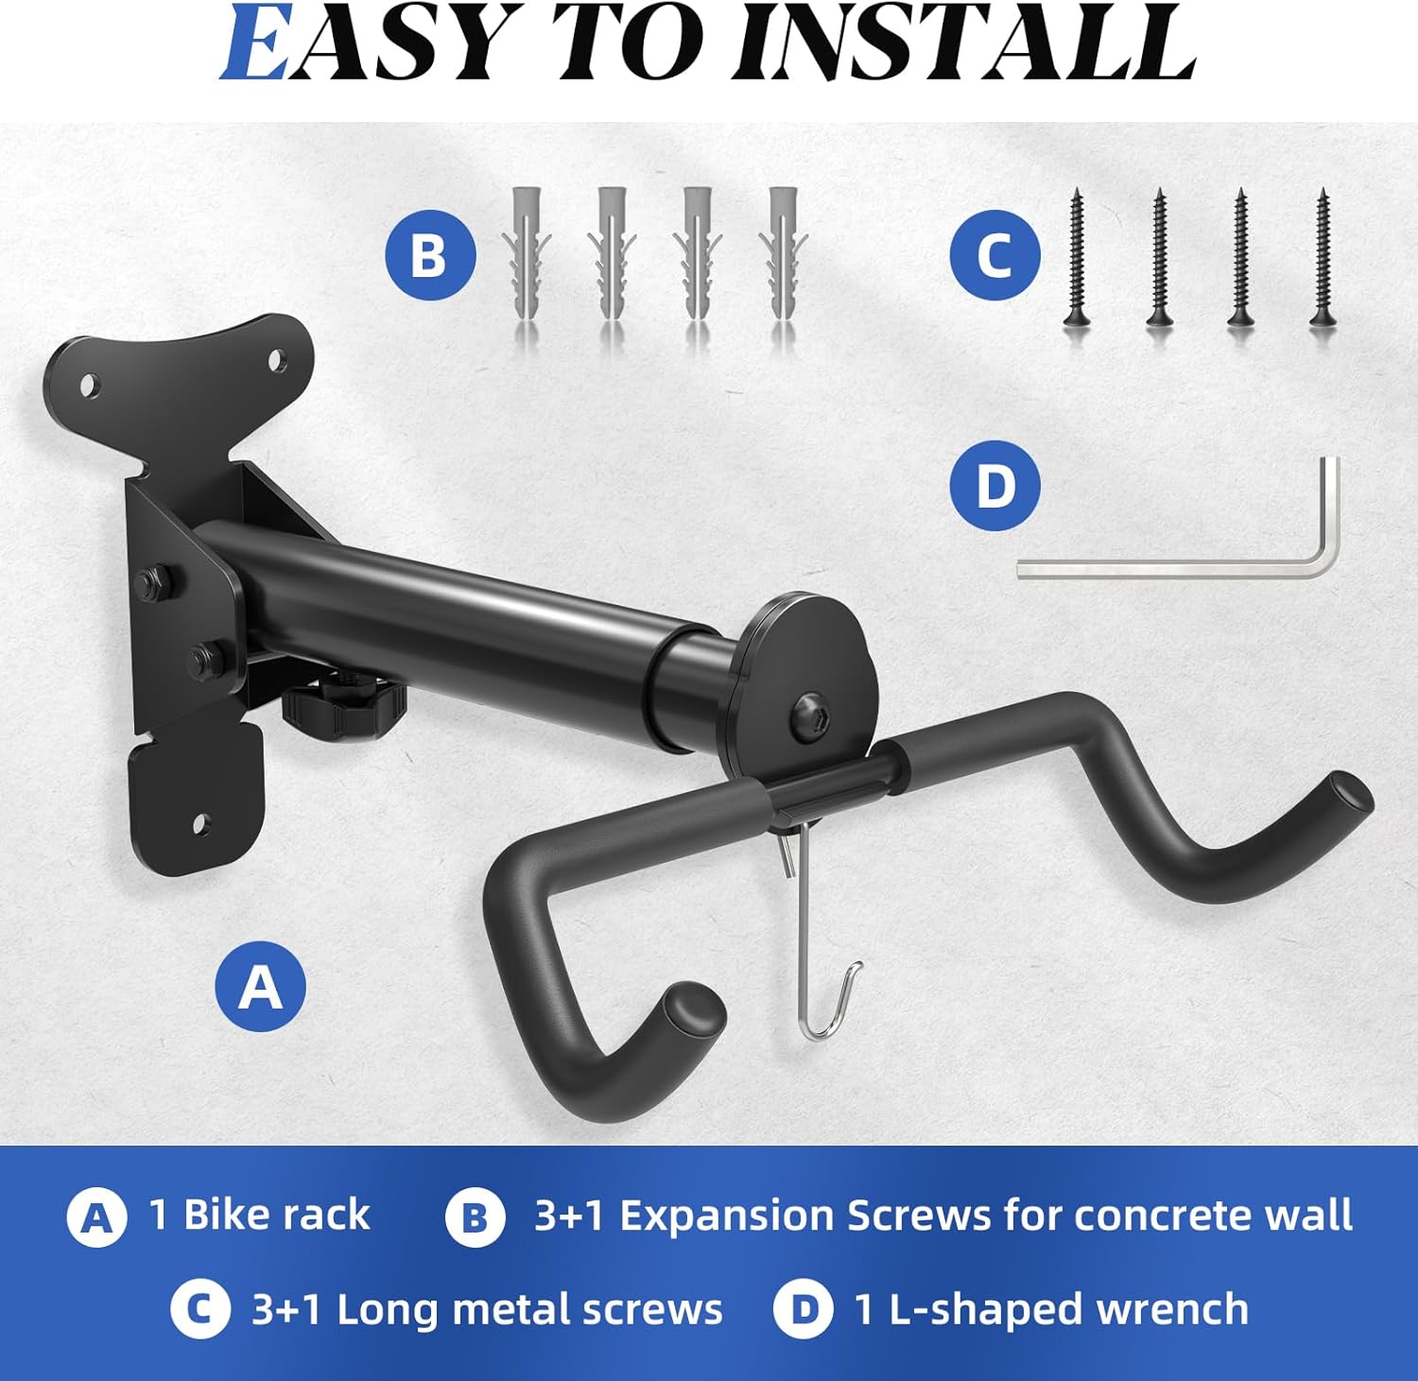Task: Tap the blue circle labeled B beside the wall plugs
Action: (x=430, y=255)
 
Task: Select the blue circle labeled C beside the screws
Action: (x=994, y=256)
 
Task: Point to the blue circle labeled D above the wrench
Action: (x=994, y=486)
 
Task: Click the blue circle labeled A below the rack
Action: (x=260, y=987)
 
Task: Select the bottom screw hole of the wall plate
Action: (x=199, y=823)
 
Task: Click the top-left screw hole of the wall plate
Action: (x=89, y=386)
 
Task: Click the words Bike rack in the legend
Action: (x=276, y=1215)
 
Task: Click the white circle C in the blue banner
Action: (x=199, y=1309)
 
